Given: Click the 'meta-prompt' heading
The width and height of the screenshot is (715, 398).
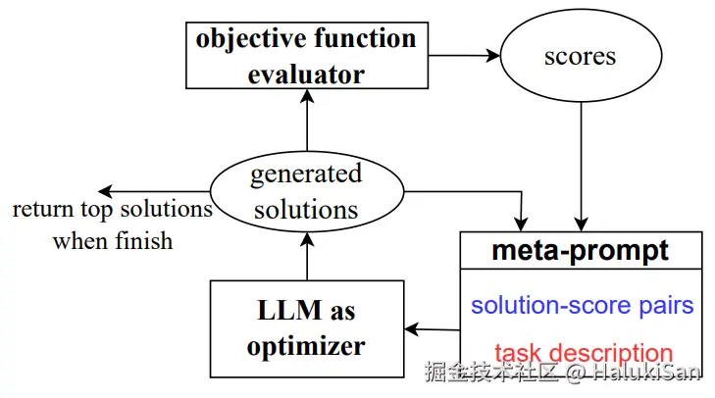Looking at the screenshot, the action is pos(580,250).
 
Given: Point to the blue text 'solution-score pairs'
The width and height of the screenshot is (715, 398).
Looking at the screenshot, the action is pos(582,305).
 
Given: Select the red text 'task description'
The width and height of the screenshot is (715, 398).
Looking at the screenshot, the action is pos(584,352).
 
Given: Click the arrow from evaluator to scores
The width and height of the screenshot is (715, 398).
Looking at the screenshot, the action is pos(464,56).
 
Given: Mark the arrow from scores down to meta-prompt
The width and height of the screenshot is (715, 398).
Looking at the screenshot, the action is pos(581,167).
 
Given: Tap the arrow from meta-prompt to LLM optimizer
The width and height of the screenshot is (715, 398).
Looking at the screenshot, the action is pos(432,329).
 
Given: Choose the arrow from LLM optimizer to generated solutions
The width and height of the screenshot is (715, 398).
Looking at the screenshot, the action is pos(307,256).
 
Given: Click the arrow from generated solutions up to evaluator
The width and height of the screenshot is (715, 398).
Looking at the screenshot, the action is pos(307,120).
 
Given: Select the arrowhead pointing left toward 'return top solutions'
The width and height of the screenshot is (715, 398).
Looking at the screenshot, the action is pos(105,191).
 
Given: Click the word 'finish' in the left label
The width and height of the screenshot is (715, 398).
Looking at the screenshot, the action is pos(143,240).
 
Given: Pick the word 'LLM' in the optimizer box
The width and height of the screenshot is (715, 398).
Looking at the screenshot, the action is pos(289,310).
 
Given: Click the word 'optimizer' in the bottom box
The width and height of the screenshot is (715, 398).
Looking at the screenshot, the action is pos(306,346).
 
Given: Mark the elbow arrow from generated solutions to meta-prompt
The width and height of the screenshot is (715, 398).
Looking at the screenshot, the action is pos(521,192).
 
